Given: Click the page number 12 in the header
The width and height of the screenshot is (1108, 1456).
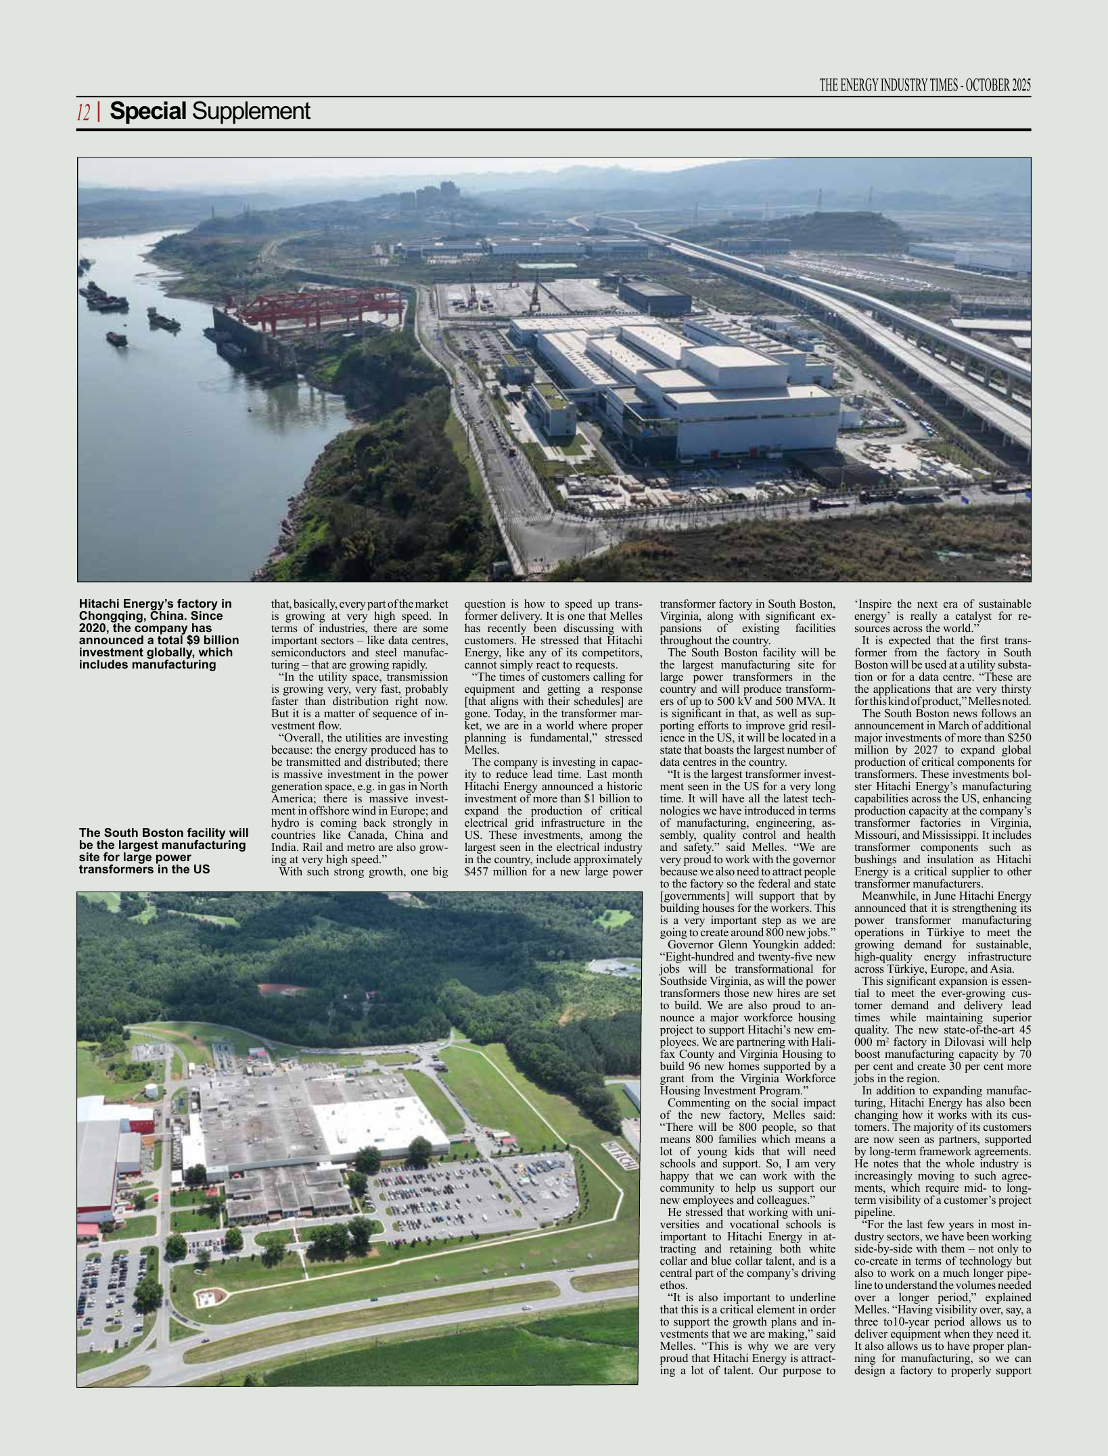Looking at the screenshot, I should (x=83, y=112).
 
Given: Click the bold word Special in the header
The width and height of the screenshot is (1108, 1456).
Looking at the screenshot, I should (x=147, y=111).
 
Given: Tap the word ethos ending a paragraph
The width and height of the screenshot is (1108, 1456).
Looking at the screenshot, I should (x=673, y=1285).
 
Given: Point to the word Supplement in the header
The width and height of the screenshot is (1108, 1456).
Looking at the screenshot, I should (x=251, y=111).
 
